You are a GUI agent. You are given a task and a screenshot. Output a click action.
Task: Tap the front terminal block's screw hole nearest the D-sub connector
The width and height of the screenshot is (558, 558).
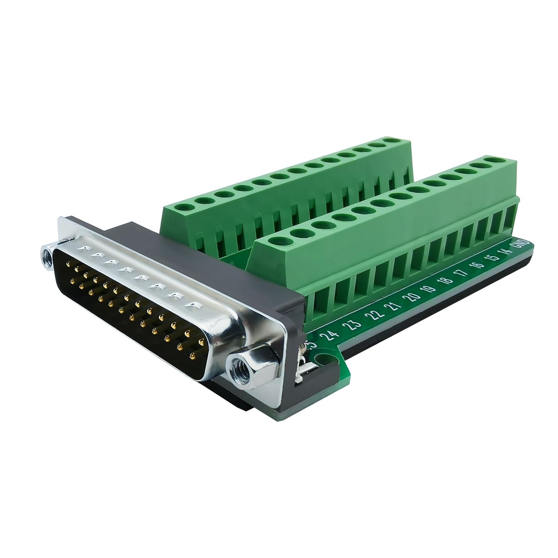click(x=276, y=242)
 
